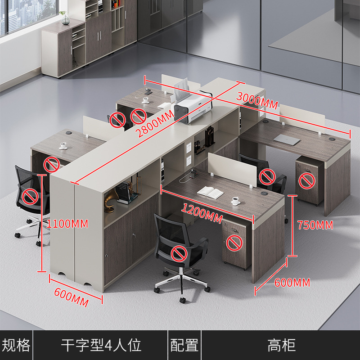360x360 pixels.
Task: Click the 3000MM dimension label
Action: tap(257, 100)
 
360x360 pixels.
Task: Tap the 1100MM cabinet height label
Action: tap(68, 223)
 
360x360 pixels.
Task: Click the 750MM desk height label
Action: tap(315, 225)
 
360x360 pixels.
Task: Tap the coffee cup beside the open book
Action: tap(236, 200)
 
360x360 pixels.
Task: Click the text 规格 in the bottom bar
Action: tap(16, 346)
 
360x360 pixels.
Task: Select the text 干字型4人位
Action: tap(101, 346)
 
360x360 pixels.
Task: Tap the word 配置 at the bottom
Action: tap(184, 346)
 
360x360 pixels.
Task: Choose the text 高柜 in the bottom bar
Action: tap(282, 346)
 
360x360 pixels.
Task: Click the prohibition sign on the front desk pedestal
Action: tap(234, 243)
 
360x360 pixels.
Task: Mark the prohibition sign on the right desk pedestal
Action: tap(307, 181)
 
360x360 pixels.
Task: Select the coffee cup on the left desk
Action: tap(63, 145)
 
